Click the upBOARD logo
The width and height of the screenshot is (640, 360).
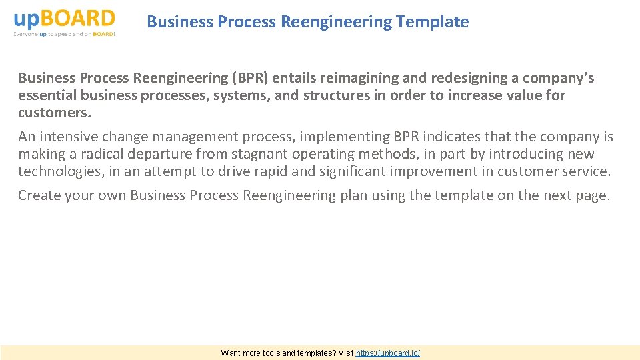pyautogui.click(x=64, y=18)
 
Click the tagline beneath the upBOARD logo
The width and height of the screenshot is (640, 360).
pyautogui.click(x=64, y=34)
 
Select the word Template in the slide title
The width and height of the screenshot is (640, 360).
pyautogui.click(x=432, y=22)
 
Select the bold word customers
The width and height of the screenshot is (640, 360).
pyautogui.click(x=55, y=112)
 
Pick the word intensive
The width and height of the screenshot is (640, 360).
pyautogui.click(x=69, y=137)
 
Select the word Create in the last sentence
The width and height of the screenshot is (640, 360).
pyautogui.click(x=37, y=195)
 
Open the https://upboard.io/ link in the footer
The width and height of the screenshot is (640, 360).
pyautogui.click(x=388, y=353)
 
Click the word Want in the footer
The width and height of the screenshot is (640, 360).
pyautogui.click(x=231, y=353)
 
